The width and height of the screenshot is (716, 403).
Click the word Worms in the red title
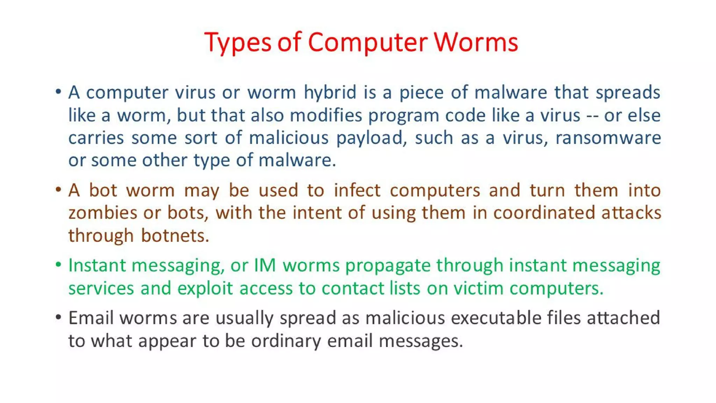tap(476, 43)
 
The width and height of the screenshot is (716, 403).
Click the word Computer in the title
tap(367, 43)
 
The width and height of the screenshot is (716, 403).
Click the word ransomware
tap(608, 138)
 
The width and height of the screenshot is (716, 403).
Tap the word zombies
tap(103, 213)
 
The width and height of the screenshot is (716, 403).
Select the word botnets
tap(175, 236)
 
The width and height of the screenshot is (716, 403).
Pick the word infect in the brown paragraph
tap(357, 191)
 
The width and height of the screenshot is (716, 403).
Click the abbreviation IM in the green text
tap(265, 266)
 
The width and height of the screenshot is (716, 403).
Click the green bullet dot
tap(58, 264)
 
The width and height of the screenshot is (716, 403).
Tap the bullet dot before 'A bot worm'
tap(58, 190)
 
